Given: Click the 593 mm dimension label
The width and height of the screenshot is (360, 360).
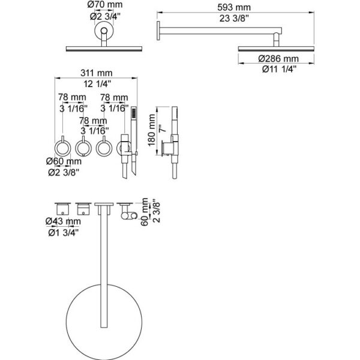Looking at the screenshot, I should [x=235, y=7].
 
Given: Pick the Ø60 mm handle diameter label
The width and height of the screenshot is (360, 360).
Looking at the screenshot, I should [x=64, y=161].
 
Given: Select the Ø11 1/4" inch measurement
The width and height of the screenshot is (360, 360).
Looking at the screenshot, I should [x=277, y=69].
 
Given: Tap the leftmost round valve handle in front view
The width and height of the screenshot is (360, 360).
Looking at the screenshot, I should [x=62, y=146].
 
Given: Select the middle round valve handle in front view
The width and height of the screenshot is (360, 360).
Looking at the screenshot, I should [x=83, y=146].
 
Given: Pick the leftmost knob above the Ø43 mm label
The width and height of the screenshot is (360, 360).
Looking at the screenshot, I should [x=61, y=209].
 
